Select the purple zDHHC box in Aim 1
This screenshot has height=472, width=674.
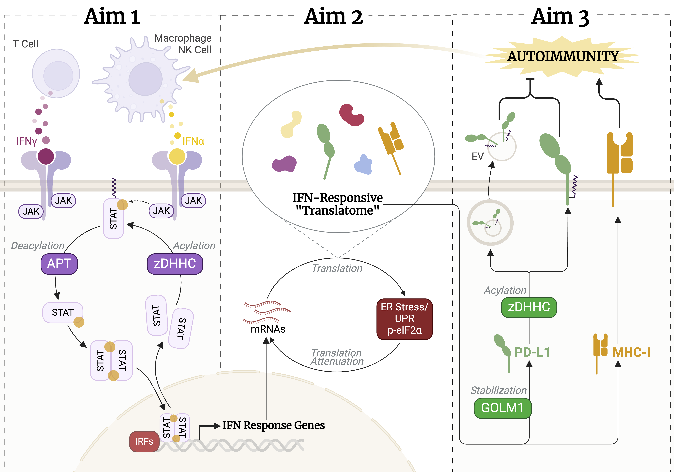175,264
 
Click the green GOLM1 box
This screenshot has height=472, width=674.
502,408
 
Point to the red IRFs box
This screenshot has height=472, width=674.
144,441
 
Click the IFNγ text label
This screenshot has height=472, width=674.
26,141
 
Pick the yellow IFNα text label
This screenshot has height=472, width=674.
193,141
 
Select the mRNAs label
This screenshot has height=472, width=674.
268,329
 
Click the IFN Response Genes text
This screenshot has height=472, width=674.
273,425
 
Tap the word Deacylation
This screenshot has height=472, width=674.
38,246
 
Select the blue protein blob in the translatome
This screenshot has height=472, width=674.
363,165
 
